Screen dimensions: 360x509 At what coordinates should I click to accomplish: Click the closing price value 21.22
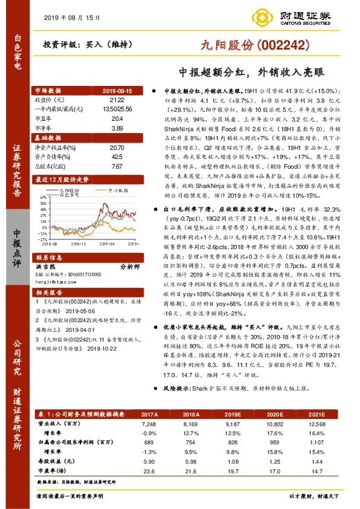[117, 99]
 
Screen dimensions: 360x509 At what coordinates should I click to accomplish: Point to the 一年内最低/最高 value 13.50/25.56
[117, 109]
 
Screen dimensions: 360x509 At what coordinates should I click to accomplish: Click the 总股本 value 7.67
[117, 166]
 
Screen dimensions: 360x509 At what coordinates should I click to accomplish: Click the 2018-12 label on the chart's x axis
[80, 244]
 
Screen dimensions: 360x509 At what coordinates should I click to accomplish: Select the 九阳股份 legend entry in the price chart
[67, 190]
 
